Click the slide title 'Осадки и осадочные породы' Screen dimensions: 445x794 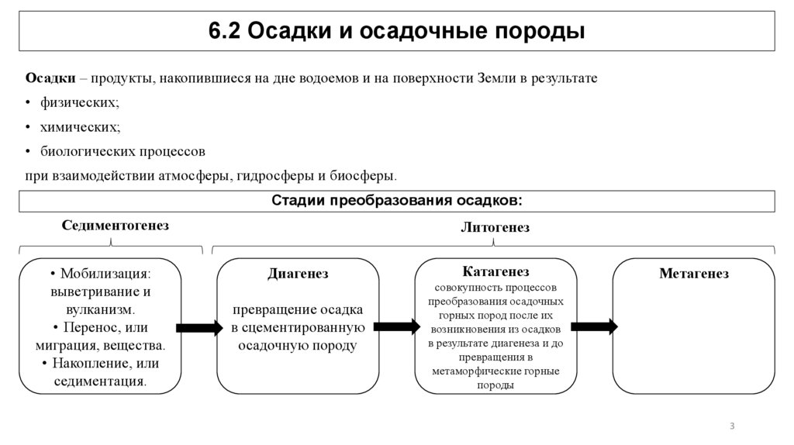[396, 31]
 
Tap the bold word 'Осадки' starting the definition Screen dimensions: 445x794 [50, 79]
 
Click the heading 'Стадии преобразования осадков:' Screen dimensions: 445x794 [396, 201]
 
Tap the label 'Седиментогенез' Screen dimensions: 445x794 [115, 226]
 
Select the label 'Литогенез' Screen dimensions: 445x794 [495, 228]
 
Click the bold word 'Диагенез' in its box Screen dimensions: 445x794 [298, 274]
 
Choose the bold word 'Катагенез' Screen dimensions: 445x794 [495, 271]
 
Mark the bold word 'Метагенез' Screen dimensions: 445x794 [693, 274]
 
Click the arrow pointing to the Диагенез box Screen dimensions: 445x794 [199, 328]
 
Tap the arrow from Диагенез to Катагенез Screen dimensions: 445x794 [397, 326]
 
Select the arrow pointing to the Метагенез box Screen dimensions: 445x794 [595, 326]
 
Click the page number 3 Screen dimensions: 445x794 [732, 426]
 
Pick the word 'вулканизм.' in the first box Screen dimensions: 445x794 [100, 309]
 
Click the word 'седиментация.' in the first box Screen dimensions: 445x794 [100, 381]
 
